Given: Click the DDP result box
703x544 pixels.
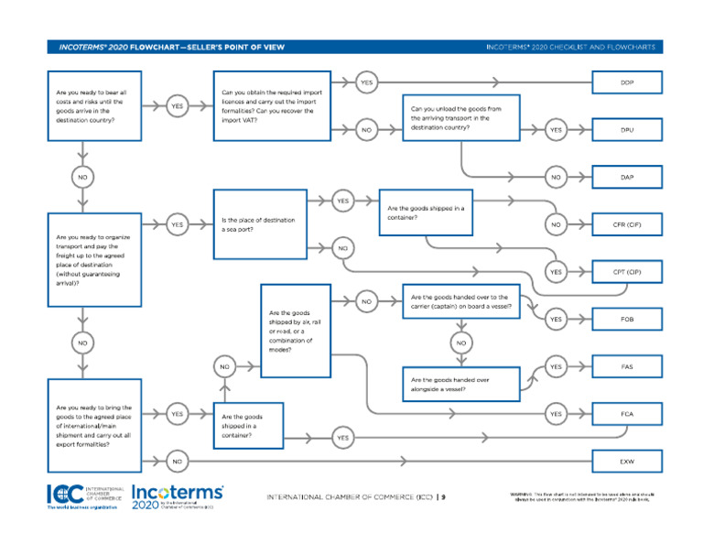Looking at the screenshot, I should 626,82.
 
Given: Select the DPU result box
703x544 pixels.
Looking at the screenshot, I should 626,130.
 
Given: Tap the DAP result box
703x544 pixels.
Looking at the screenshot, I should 626,177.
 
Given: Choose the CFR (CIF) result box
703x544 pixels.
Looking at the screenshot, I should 626,224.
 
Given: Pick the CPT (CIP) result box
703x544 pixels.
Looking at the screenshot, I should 626,272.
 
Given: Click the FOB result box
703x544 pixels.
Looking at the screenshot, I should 626,319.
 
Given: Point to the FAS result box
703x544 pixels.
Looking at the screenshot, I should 626,366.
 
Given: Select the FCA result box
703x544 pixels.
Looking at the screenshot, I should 626,414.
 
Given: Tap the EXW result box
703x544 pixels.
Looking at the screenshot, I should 626,461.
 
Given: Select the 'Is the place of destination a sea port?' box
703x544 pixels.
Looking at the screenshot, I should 260,224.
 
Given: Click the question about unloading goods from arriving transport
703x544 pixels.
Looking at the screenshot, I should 461,119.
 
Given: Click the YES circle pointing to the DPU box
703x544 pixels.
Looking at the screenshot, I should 556,130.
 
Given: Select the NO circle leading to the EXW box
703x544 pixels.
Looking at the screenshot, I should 177,461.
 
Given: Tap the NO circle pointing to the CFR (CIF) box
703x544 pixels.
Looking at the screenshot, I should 556,224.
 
